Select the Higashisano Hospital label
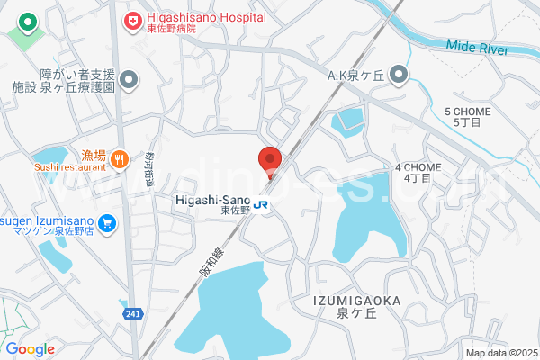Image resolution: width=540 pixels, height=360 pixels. (x=207, y=18)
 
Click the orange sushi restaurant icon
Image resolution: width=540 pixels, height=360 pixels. (x=119, y=159)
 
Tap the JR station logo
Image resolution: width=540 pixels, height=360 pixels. (x=261, y=204)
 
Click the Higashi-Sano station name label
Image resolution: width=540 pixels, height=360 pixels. (x=211, y=201)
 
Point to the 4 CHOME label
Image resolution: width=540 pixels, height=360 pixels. (x=417, y=168)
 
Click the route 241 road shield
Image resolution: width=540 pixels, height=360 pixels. (x=132, y=313)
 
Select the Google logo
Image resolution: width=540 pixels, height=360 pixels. (x=29, y=349)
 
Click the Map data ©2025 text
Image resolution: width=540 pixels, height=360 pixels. (x=500, y=353)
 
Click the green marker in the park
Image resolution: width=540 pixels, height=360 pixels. (x=28, y=22)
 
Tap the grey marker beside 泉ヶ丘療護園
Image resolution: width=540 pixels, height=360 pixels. (x=130, y=82)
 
